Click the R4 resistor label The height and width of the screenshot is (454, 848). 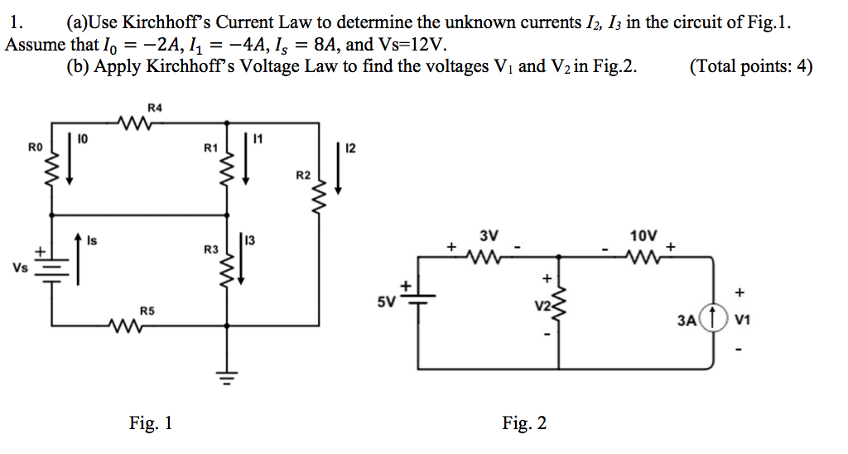click(155, 107)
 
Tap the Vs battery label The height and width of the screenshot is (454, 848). click(19, 267)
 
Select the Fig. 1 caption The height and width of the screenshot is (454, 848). click(151, 423)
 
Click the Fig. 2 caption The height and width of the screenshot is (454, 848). click(524, 423)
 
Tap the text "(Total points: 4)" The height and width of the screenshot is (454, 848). click(750, 67)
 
